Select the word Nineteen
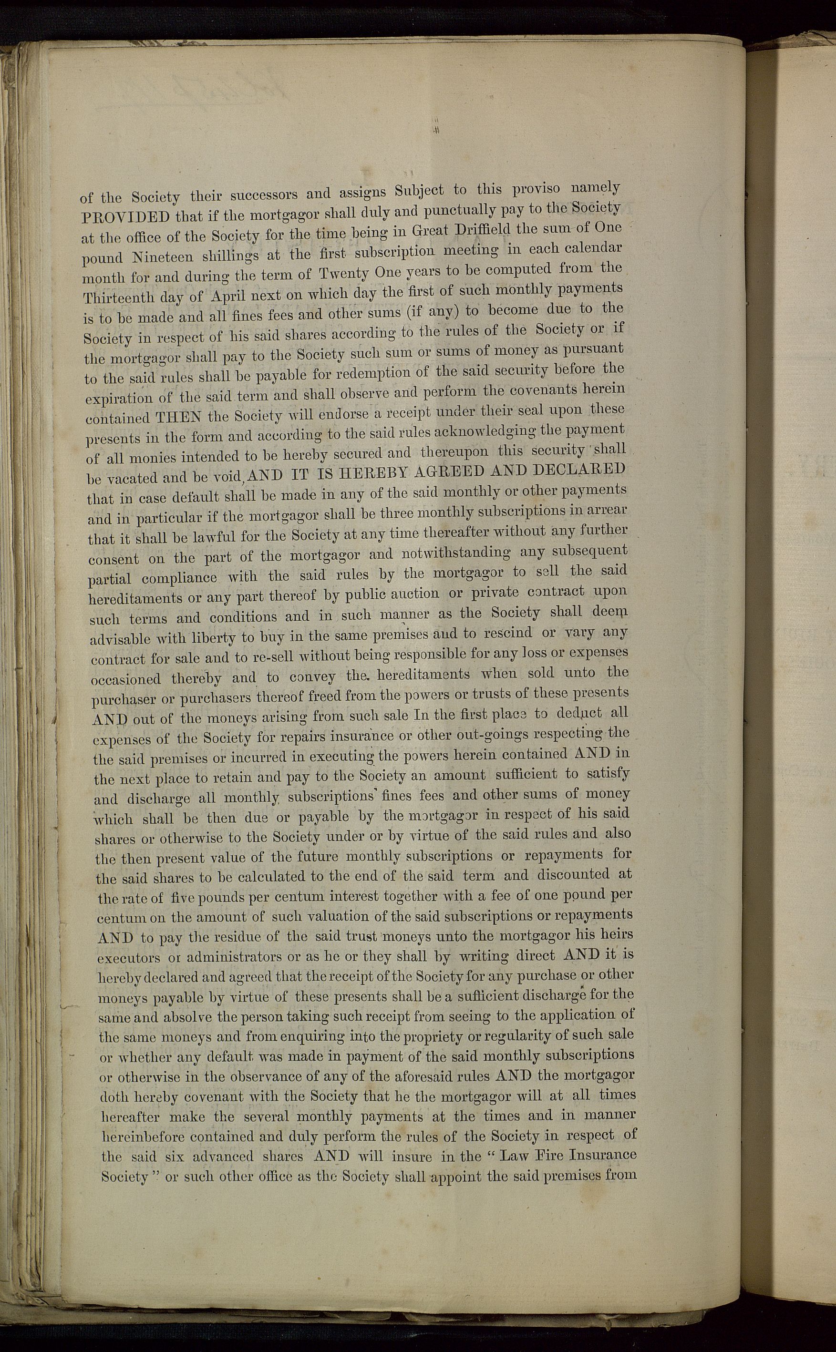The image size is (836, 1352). click(163, 257)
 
